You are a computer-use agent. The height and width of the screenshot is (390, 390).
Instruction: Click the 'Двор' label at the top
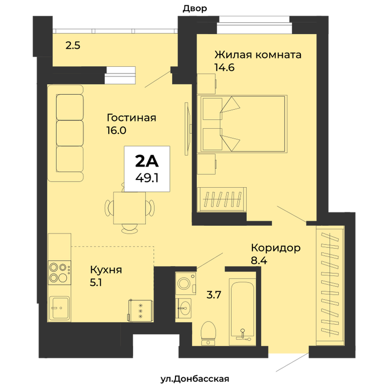[195, 8]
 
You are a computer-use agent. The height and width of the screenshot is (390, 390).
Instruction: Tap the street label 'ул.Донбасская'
[195, 379]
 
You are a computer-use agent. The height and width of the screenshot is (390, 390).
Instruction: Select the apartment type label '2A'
[147, 161]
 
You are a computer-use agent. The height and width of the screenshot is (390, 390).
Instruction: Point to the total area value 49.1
[147, 178]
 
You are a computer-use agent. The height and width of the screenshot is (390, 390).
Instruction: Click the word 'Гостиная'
[131, 118]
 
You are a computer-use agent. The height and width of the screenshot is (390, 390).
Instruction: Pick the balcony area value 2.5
[73, 46]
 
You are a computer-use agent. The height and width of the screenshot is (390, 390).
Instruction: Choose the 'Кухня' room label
[106, 270]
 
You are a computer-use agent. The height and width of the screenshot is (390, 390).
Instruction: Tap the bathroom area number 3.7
[214, 295]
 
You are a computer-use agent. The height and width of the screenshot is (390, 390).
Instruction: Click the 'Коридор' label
[276, 248]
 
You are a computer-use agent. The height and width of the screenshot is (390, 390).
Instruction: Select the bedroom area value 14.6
[225, 67]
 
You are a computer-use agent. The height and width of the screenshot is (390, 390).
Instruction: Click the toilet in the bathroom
[208, 333]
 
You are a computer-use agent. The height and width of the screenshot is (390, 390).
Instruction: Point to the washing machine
[186, 284]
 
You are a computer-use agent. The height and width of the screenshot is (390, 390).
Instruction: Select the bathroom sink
[183, 308]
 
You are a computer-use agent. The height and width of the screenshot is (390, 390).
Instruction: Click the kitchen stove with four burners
[60, 273]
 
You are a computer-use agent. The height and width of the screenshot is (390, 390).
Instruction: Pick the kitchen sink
[60, 308]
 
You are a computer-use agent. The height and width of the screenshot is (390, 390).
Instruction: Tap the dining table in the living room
[129, 208]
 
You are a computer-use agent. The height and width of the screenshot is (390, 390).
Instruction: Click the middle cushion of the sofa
[70, 133]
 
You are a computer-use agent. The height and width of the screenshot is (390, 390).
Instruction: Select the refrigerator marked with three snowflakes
[140, 311]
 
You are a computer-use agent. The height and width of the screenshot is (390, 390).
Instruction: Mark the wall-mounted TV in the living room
[188, 129]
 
